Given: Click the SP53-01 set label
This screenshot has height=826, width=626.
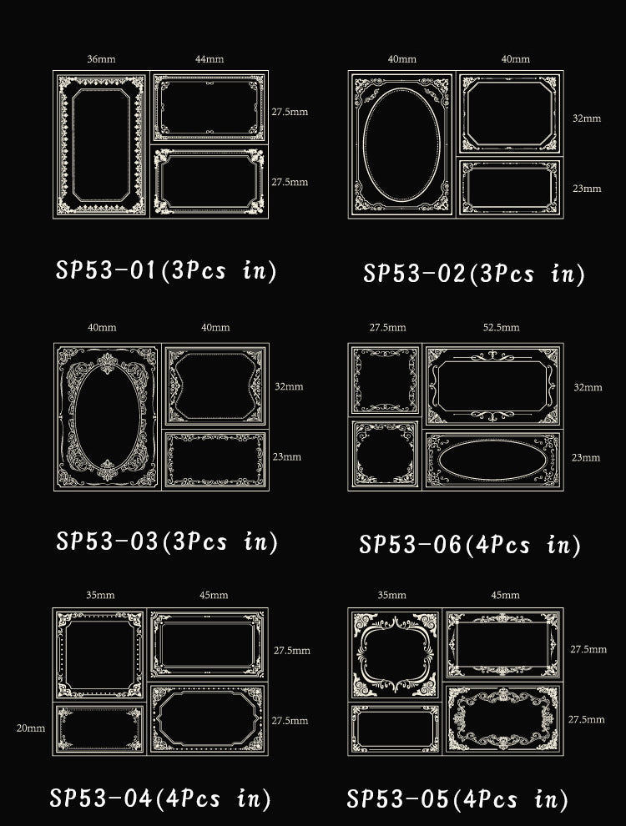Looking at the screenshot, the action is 166,270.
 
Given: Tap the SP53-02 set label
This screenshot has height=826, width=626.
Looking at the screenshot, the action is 474,274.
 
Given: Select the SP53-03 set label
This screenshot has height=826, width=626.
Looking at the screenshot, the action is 166,541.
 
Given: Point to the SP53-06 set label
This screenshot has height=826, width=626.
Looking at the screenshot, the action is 469,544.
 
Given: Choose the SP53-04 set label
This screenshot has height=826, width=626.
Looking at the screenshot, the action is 160,798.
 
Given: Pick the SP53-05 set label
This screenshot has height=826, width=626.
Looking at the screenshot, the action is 457,798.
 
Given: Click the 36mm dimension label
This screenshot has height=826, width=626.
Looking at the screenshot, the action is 101,59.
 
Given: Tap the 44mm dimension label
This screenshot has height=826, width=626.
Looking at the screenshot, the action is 210,59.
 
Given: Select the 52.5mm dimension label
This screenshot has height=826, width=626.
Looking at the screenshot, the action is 501,327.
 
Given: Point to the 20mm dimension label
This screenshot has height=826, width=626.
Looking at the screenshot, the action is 31,728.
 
